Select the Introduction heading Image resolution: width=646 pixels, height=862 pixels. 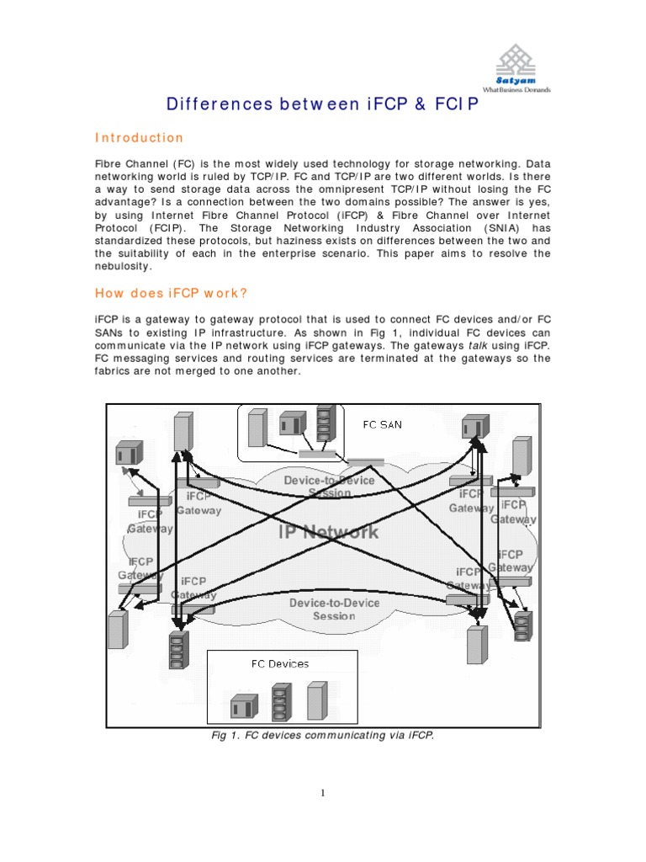[x=138, y=138]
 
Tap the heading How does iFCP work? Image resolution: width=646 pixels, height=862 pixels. [x=172, y=293]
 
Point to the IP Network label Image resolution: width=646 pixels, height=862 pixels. [x=328, y=531]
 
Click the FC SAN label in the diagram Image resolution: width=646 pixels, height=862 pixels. [x=382, y=424]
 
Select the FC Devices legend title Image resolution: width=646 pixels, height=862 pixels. [x=280, y=663]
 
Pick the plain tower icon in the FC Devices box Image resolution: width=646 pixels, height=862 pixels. [x=316, y=699]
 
